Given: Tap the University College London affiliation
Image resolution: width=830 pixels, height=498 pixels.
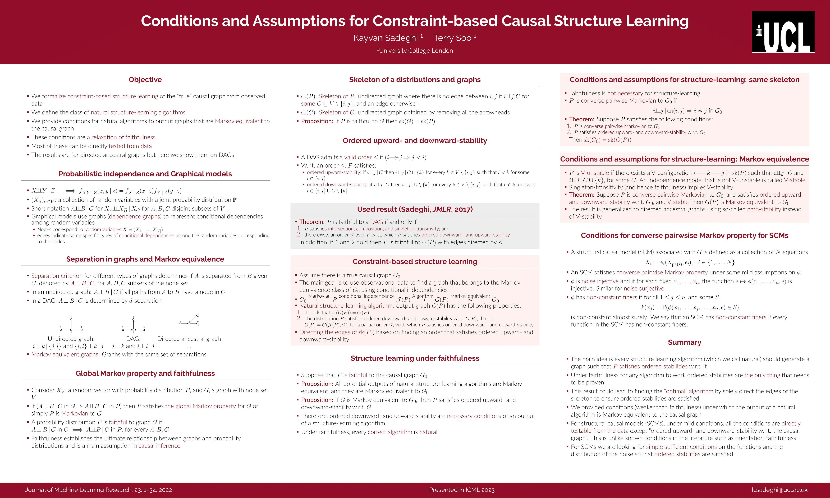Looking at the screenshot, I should click(415, 51).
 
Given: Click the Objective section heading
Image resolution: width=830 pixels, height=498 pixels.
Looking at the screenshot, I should click(145, 80).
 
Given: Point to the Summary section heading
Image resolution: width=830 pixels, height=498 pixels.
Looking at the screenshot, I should click(684, 342).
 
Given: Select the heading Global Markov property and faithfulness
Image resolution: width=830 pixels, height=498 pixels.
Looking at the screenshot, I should click(145, 373).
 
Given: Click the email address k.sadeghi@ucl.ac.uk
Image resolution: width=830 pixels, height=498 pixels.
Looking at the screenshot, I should click(779, 490).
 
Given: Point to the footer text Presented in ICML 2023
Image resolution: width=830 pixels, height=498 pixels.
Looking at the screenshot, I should click(462, 490).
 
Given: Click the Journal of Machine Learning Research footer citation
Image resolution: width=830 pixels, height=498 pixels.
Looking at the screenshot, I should click(98, 490).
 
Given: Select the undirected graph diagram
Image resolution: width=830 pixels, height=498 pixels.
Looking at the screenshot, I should click(71, 325).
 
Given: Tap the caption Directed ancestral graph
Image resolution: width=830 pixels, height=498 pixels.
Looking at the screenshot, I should click(189, 339).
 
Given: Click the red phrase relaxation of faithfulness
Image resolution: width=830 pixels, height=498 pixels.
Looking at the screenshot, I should click(123, 137).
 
